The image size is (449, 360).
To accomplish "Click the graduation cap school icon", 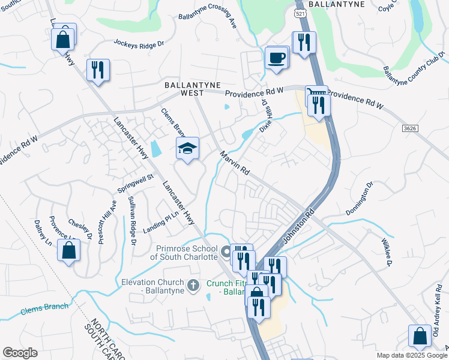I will [187, 148].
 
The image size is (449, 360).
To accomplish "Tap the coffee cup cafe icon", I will [276, 58].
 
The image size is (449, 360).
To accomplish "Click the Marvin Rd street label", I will [234, 163].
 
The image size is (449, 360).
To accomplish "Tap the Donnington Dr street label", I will [360, 199].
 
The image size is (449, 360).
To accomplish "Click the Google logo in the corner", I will [20, 353].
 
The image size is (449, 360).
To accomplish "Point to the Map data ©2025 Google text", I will [412, 355].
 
